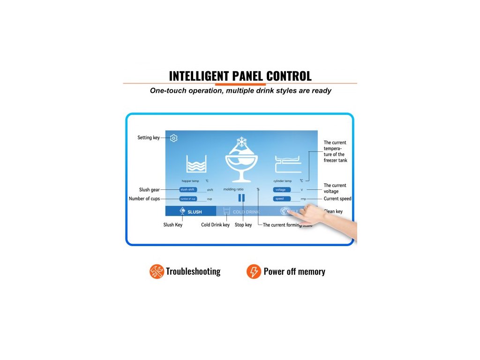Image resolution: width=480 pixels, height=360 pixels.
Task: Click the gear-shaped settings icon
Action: point(174,138)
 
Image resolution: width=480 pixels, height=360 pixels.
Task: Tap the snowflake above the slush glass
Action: point(241,142)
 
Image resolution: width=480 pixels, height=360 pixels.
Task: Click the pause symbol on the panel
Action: point(241,198)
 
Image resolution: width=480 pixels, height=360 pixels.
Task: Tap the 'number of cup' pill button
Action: point(188,199)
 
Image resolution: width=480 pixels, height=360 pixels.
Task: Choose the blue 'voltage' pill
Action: point(282,190)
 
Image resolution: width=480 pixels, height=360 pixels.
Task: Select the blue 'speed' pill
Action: point(282,199)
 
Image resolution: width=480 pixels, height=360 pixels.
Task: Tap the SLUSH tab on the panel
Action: point(191,211)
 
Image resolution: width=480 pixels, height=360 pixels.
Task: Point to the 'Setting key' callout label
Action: point(148,138)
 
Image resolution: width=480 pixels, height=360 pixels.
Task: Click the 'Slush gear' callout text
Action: point(150,190)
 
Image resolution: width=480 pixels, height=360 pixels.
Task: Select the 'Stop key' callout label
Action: point(243,225)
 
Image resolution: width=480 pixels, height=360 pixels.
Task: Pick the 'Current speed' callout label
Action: point(337,199)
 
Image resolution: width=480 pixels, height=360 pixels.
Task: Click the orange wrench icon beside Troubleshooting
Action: point(157,271)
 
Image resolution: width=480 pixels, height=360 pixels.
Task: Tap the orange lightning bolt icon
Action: point(254,271)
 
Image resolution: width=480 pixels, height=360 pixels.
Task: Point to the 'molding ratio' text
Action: point(233,189)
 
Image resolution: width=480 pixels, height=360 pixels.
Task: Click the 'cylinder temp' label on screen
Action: point(282,181)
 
